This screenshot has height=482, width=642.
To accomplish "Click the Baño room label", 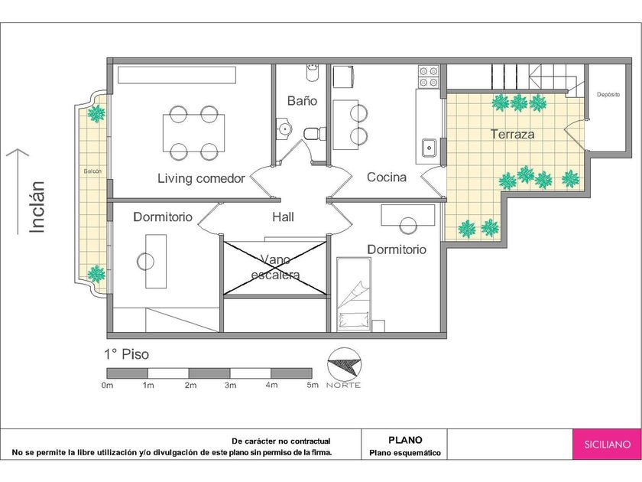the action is click(x=302, y=101).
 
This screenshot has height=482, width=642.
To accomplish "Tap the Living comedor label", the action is click(x=201, y=178).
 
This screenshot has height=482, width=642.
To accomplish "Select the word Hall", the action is click(x=283, y=217).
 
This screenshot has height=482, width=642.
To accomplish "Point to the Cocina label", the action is click(x=387, y=177).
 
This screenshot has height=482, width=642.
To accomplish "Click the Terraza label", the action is click(x=512, y=134).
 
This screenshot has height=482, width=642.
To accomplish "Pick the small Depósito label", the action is click(x=608, y=94).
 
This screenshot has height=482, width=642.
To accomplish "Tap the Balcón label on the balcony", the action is click(x=92, y=171).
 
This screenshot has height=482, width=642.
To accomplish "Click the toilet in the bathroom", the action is click(x=314, y=134).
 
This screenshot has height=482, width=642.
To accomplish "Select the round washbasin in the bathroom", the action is click(x=284, y=129).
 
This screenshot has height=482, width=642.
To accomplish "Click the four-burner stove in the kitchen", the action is click(x=428, y=77).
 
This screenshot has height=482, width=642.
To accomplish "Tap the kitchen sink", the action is click(x=429, y=147).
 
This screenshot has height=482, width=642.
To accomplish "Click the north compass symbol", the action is click(x=344, y=364).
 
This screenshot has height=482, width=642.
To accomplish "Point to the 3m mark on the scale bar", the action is click(x=230, y=386).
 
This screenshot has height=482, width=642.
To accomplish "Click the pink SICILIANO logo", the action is click(x=607, y=444).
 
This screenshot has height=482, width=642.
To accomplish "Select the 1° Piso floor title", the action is click(x=127, y=354).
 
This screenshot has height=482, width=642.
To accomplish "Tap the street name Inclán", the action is click(x=37, y=207).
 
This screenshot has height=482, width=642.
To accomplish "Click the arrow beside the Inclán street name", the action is click(x=18, y=191).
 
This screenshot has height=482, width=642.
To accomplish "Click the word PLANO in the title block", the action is click(x=405, y=440).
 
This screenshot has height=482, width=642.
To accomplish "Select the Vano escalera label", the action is click(x=276, y=267).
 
